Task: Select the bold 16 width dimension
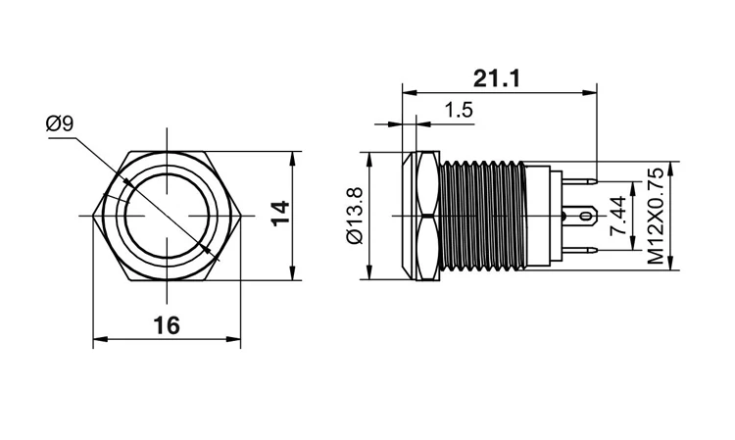pyautogui.click(x=168, y=325)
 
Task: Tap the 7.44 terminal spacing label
pyautogui.click(x=617, y=216)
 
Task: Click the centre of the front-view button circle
pyautogui.click(x=168, y=216)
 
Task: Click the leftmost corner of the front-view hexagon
pyautogui.click(x=93, y=216)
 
